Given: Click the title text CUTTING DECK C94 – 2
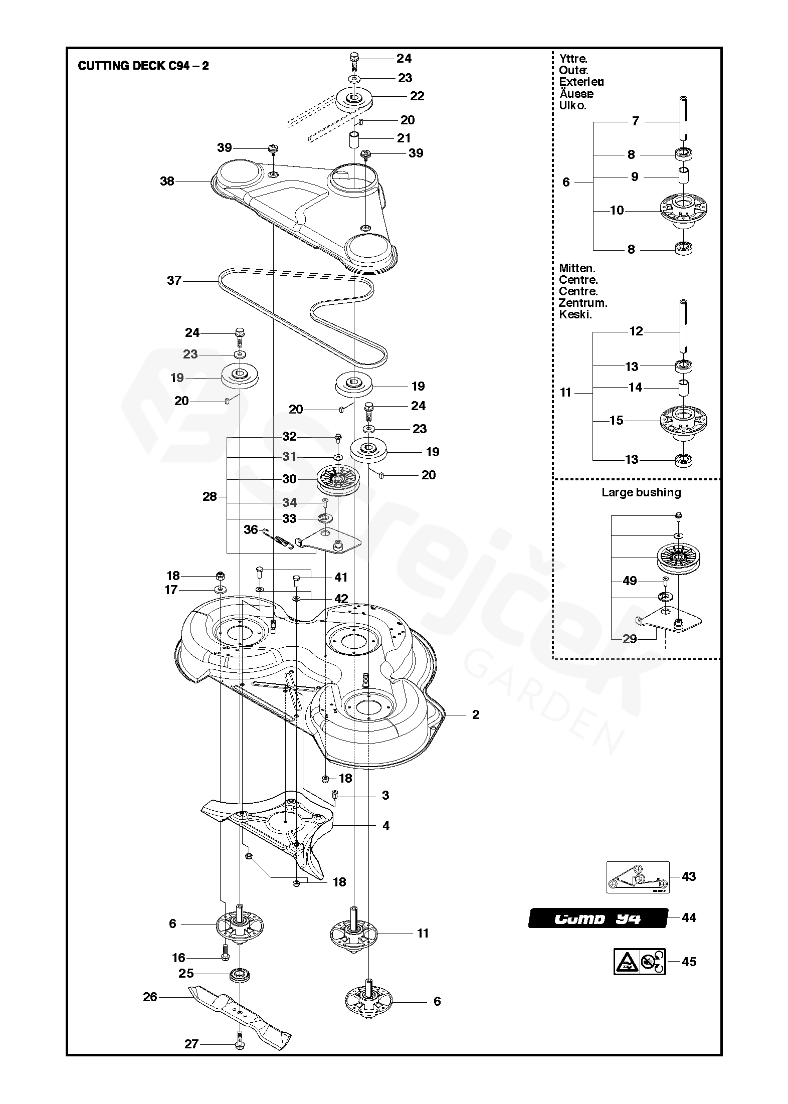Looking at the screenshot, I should click(x=143, y=66).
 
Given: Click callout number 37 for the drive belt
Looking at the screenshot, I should click(x=174, y=280).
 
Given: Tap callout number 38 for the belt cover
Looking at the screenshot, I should click(x=167, y=181).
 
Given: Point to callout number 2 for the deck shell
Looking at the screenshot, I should click(x=476, y=714).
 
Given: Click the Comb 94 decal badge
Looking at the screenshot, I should click(x=598, y=918).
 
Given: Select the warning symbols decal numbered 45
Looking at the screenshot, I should click(x=640, y=961).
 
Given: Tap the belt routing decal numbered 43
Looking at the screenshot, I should click(x=638, y=876).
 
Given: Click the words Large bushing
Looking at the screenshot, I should click(x=641, y=492).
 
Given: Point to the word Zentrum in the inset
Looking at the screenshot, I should click(x=583, y=303).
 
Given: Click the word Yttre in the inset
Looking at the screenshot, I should click(x=573, y=59).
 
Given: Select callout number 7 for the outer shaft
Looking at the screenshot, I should click(x=635, y=121).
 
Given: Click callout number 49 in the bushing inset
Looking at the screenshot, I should click(x=630, y=581).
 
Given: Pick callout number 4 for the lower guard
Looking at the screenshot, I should click(x=385, y=826).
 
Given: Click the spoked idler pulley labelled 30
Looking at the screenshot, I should click(x=338, y=480).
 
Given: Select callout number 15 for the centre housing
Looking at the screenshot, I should click(x=617, y=420).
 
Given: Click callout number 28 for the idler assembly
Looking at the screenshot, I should click(x=210, y=496).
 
